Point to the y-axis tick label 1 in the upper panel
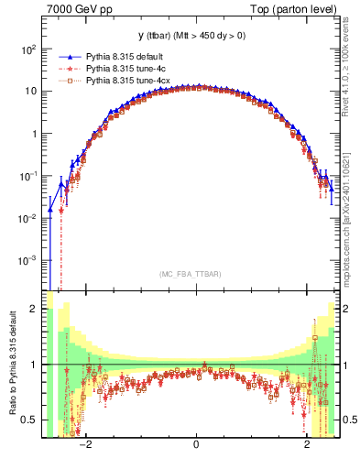[34, 134]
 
